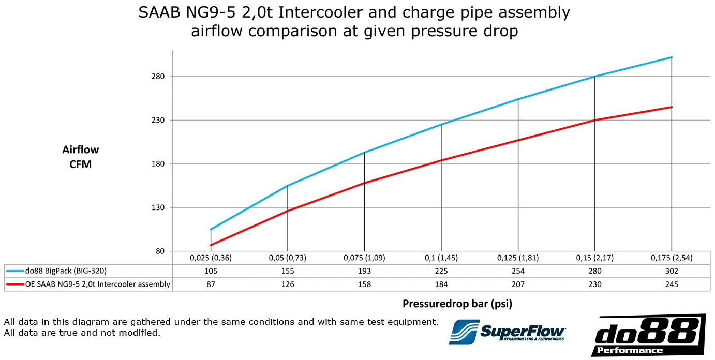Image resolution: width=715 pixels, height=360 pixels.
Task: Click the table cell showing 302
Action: pyautogui.click(x=672, y=271)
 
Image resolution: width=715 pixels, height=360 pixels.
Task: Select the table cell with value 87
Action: pyautogui.click(x=211, y=284)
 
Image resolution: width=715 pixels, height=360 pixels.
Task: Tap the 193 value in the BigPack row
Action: pyautogui.click(x=364, y=271)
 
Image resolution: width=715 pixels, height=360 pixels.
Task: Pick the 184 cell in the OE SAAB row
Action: pyautogui.click(x=441, y=284)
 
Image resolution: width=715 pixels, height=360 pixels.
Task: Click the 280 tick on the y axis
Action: pyautogui.click(x=158, y=77)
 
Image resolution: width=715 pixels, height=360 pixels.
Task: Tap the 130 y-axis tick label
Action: pyautogui.click(x=158, y=208)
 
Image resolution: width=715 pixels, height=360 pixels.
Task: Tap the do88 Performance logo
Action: pyautogui.click(x=648, y=335)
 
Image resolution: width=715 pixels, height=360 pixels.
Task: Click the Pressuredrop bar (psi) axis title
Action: pyautogui.click(x=457, y=304)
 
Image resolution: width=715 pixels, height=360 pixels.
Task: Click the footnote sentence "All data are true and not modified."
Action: pyautogui.click(x=82, y=333)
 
